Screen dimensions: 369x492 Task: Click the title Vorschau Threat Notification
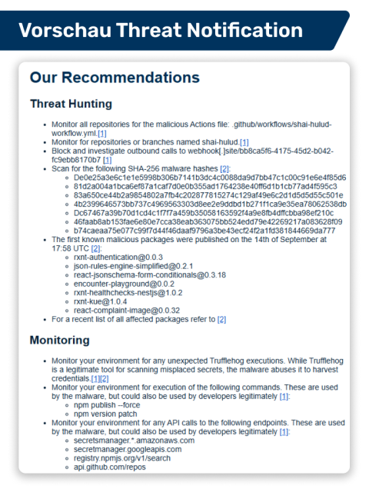click(160, 31)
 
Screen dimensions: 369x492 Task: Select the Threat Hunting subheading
click(71, 104)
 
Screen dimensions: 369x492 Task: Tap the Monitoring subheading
click(60, 340)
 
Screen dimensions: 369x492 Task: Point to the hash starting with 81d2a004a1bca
click(207, 187)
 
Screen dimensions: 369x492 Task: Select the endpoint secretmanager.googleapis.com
click(128, 449)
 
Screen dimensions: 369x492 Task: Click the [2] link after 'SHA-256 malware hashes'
click(224, 169)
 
